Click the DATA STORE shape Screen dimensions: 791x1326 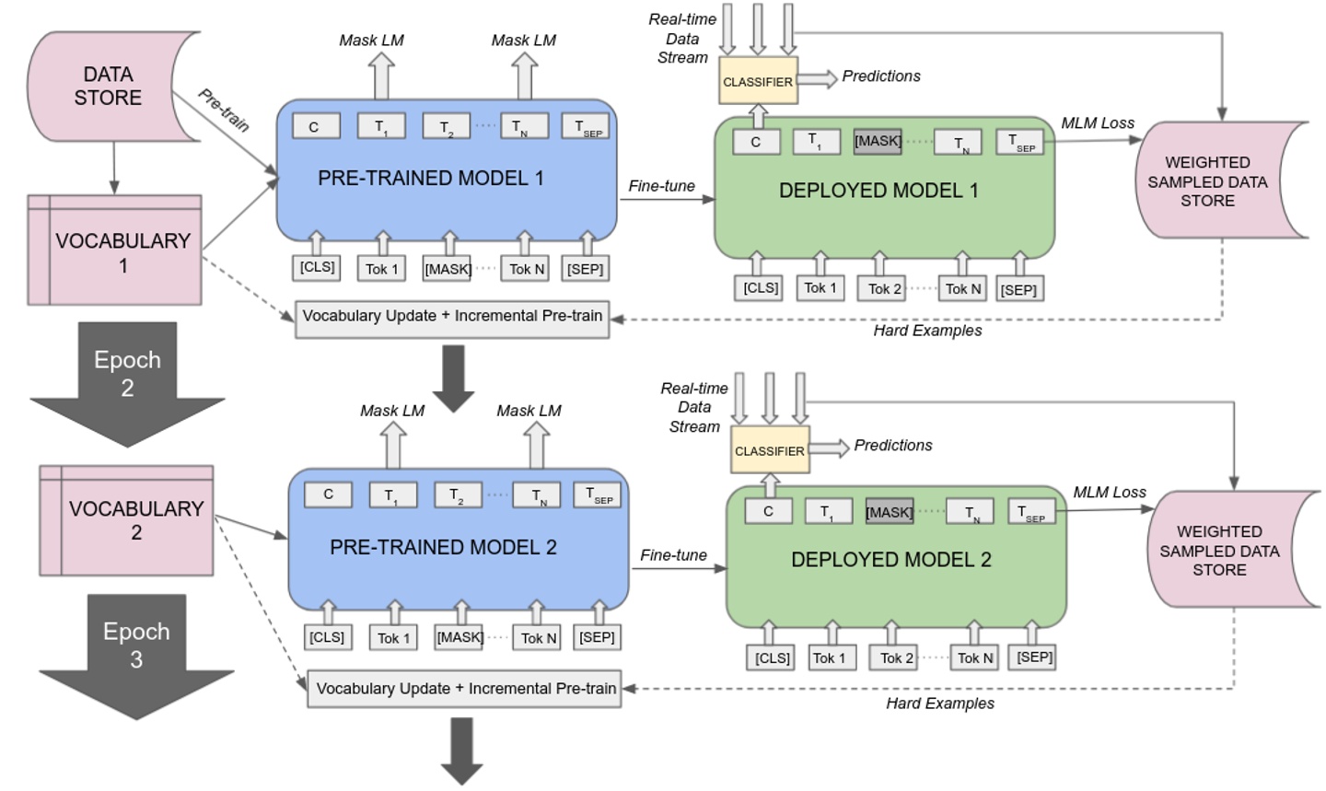tap(109, 87)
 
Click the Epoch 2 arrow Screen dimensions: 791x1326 tap(127, 373)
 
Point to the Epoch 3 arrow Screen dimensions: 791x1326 tap(136, 645)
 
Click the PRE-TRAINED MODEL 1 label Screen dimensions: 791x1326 tap(430, 178)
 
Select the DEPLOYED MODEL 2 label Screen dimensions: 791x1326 tap(890, 560)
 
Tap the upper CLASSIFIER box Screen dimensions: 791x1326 tap(757, 82)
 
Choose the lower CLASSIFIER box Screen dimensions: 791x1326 tap(769, 451)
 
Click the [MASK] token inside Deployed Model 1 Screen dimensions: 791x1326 tap(878, 141)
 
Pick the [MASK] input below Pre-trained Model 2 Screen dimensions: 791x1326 tap(459, 637)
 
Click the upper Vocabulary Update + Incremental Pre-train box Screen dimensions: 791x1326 tap(452, 316)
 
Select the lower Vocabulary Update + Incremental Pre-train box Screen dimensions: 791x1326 tap(465, 689)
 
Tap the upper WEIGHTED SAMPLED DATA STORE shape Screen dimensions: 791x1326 tap(1208, 181)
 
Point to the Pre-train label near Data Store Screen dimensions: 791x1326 tap(224, 110)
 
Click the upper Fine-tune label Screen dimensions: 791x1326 tap(661, 186)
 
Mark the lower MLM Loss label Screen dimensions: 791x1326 tap(1110, 493)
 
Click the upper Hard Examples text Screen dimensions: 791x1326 tap(927, 331)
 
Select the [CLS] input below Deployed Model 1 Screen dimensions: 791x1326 tap(761, 288)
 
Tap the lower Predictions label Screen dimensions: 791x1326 tap(892, 446)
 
